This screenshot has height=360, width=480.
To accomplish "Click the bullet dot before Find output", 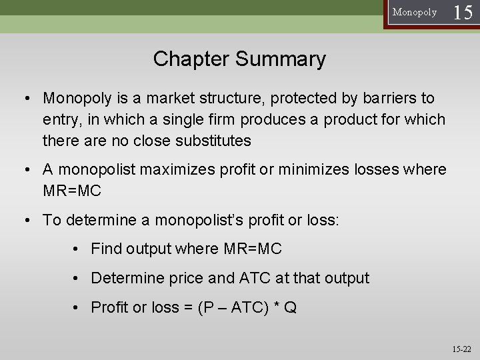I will click(x=78, y=250).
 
